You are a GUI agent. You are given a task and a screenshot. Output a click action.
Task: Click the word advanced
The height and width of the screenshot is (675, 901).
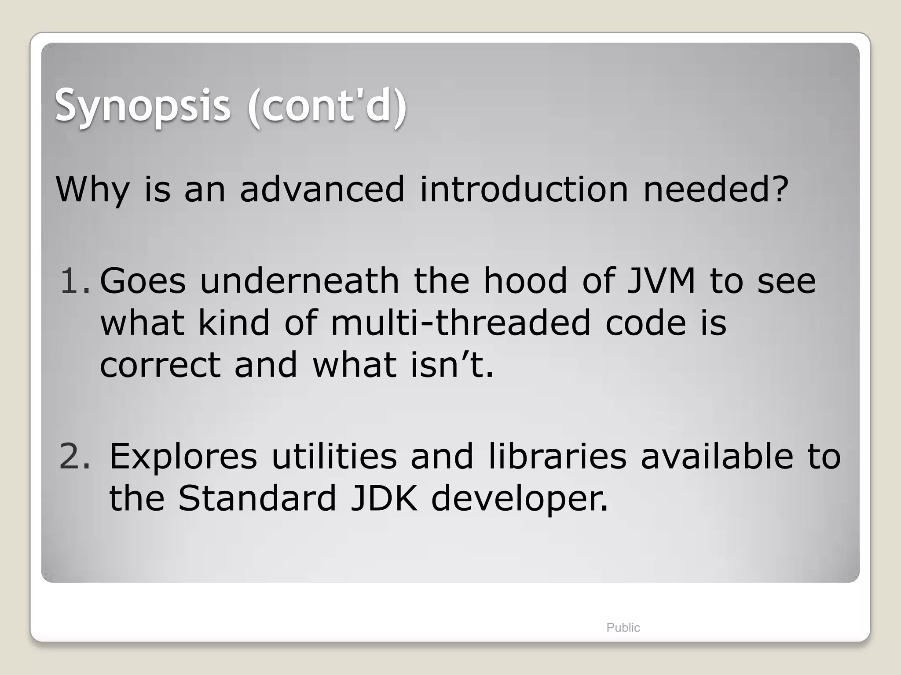[322, 190]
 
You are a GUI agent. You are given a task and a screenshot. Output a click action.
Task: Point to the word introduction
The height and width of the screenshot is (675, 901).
[524, 190]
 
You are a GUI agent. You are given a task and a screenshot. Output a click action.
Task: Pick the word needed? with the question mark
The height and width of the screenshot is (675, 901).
[715, 190]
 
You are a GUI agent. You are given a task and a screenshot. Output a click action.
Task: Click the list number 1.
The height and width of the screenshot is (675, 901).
[74, 281]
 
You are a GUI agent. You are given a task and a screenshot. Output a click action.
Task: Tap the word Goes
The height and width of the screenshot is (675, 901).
[143, 281]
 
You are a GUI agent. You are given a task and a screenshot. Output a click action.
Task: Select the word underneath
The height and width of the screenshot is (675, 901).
[299, 281]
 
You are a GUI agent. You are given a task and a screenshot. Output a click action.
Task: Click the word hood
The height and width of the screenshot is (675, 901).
[525, 281]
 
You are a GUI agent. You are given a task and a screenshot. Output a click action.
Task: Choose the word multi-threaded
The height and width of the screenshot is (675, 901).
[460, 323]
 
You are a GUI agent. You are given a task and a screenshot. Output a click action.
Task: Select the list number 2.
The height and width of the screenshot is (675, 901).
[74, 457]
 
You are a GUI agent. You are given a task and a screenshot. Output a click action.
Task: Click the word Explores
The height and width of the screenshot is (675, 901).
[183, 457]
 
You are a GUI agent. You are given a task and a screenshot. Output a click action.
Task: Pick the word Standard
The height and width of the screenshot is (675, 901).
[257, 499]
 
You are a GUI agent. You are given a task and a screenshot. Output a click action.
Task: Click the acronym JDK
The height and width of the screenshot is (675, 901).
[384, 499]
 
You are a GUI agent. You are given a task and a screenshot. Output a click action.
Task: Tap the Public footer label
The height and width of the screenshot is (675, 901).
[623, 628]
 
